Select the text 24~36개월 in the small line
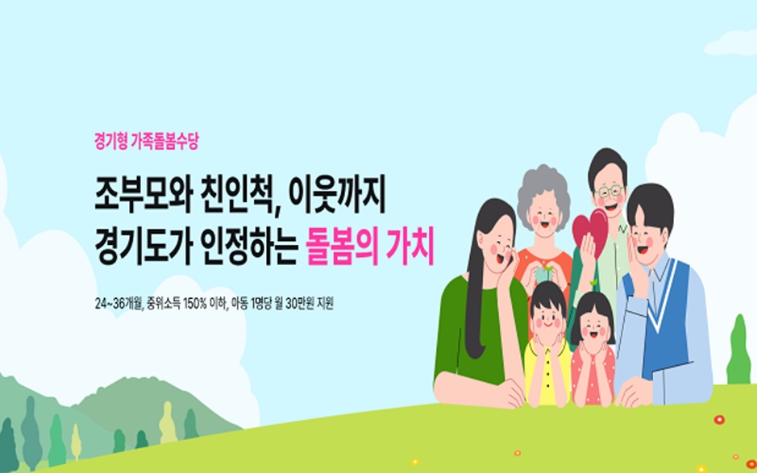[118, 305]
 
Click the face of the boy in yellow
[547, 316]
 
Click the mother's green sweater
[462, 335]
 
